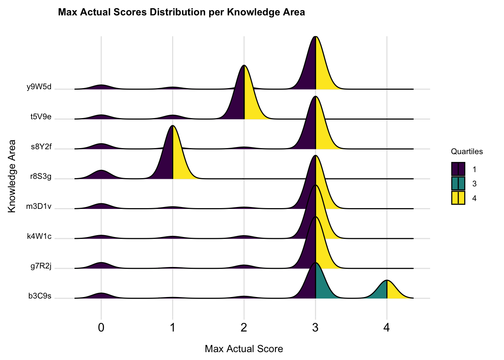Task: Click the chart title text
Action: pos(181,12)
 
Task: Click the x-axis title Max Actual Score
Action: pos(244,349)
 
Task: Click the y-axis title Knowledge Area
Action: pos(12,176)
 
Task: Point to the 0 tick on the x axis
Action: pos(101,328)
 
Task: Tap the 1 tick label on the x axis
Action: pos(172,328)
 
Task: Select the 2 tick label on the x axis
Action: pos(244,328)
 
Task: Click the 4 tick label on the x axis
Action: pos(387,328)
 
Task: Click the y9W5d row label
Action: pos(39,87)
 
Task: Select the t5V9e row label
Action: pos(41,117)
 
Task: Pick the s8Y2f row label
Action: pos(41,147)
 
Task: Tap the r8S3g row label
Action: pos(40,176)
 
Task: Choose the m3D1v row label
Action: pos(39,206)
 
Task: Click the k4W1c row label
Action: pos(39,236)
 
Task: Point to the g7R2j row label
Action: pos(41,266)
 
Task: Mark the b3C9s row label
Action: pos(40,296)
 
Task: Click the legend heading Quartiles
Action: pos(466,151)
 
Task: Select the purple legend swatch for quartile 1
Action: pos(458,169)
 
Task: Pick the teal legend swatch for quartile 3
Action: pos(458,183)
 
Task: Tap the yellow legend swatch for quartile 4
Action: pos(458,198)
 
